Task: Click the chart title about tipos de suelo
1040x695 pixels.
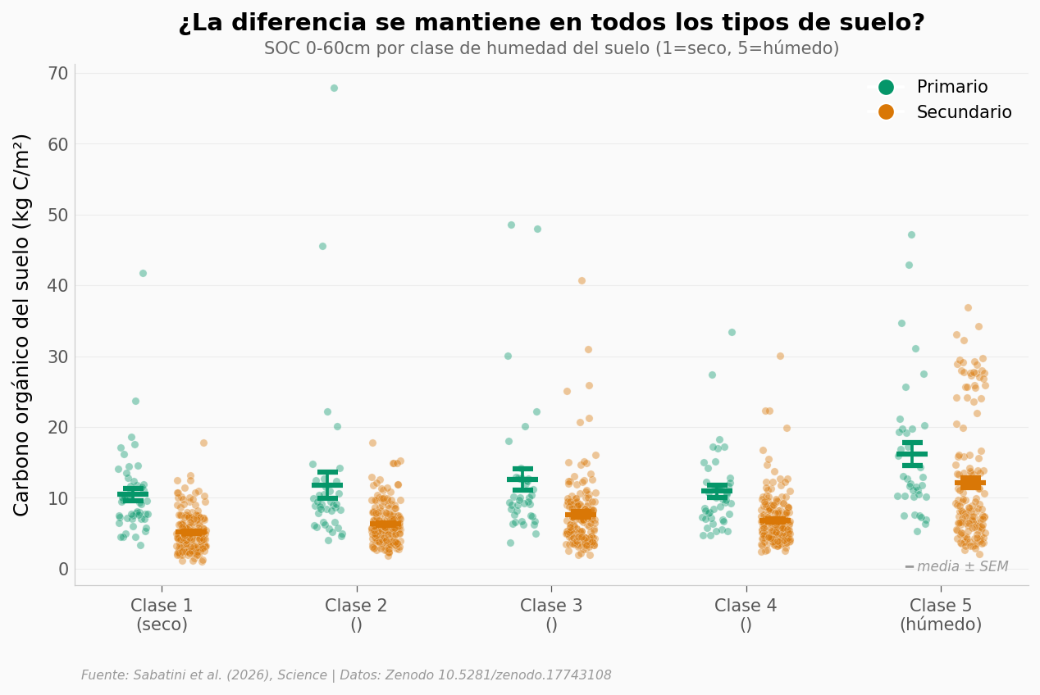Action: (x=551, y=23)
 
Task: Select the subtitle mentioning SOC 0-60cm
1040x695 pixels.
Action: (x=551, y=49)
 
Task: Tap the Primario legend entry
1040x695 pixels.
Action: (x=951, y=88)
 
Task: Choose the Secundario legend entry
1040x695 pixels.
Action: (x=964, y=113)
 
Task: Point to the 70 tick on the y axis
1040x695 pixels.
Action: (x=58, y=74)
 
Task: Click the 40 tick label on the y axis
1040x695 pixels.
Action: (x=58, y=286)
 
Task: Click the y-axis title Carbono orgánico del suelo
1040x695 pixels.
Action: (x=22, y=325)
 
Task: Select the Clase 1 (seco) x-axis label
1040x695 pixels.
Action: (x=162, y=615)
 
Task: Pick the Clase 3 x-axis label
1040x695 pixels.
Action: (x=551, y=615)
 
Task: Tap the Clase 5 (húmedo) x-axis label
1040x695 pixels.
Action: (x=941, y=615)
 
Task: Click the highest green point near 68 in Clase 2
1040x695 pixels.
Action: (x=334, y=89)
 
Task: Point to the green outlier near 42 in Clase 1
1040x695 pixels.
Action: (x=143, y=274)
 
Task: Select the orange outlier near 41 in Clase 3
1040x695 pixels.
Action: (x=582, y=281)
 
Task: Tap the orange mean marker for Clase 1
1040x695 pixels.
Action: (x=191, y=532)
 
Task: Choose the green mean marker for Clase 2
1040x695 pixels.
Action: (x=327, y=484)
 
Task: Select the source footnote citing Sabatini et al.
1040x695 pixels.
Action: (x=346, y=675)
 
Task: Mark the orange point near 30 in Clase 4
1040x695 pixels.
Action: (x=780, y=357)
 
